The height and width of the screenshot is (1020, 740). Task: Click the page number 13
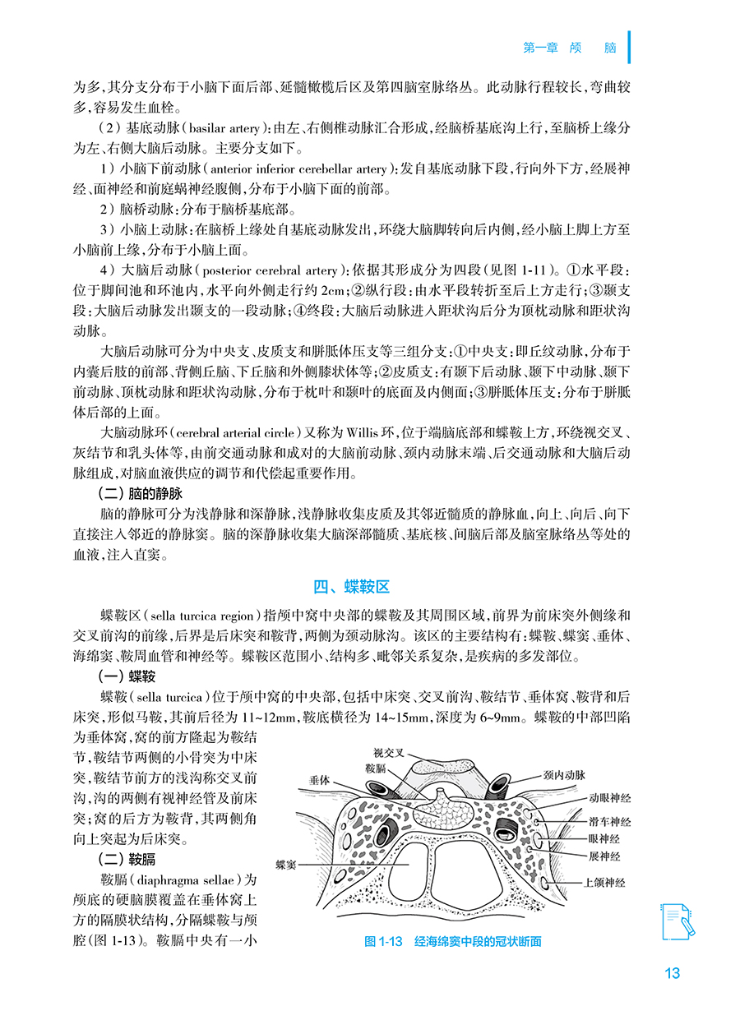coord(672,973)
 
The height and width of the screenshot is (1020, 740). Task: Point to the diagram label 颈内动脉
coord(564,774)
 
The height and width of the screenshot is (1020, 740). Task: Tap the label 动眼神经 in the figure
coord(609,798)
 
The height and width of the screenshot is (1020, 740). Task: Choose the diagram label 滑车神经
coord(609,821)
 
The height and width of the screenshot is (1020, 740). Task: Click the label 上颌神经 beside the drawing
coord(604,883)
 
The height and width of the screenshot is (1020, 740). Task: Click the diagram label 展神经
coord(604,856)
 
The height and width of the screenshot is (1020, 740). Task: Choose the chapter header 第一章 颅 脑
coord(570,48)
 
